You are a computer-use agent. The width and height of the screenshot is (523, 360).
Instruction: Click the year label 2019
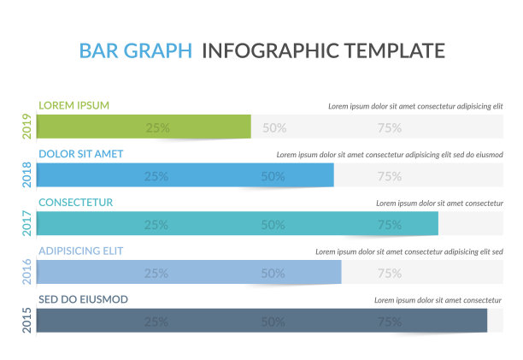point(27,127)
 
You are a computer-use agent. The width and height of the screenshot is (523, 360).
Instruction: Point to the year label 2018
point(27,175)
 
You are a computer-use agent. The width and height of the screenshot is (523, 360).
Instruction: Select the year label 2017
point(27,224)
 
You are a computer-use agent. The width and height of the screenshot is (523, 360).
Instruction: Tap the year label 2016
point(27,273)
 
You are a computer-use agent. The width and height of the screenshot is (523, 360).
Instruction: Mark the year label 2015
point(27,321)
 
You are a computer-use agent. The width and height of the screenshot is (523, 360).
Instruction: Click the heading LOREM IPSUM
point(74,105)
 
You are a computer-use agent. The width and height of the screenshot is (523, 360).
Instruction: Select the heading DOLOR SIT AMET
point(81,154)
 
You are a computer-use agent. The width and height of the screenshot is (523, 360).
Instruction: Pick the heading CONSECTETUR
point(76,203)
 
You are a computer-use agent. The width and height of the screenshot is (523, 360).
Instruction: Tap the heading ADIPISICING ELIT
point(81,251)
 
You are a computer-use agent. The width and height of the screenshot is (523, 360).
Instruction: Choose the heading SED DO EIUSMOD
point(84,299)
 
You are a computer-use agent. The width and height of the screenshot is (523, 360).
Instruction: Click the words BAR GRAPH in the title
point(136,50)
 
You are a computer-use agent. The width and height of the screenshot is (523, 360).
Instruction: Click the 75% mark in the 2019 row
point(390,128)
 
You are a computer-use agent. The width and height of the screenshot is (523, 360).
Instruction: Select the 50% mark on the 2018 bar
point(273,176)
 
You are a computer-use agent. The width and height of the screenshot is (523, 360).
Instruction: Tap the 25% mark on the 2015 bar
point(156,322)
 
